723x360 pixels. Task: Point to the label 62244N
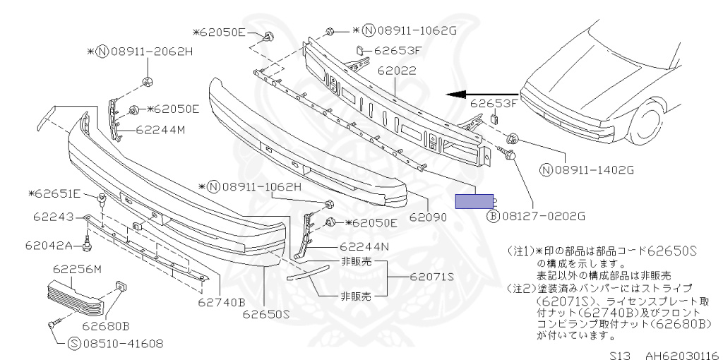point(366,247)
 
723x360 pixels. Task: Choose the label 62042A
point(49,246)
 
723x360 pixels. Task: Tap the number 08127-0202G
point(542,217)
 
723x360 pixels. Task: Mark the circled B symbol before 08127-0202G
point(494,217)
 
